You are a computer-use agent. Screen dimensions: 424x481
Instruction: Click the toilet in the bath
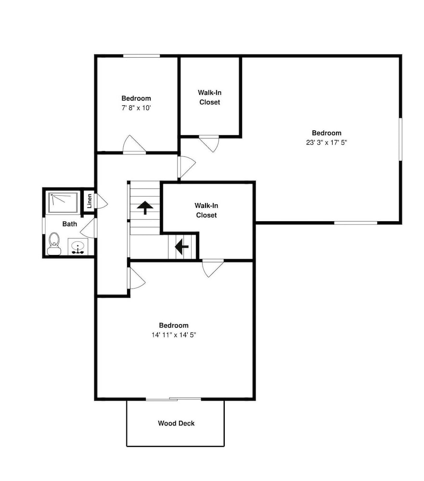pyautogui.click(x=54, y=244)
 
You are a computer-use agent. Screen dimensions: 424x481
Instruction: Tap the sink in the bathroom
pyautogui.click(x=78, y=247)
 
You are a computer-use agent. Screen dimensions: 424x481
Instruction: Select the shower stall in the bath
pyautogui.click(x=63, y=203)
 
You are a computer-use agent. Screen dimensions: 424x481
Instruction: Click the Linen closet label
pyautogui.click(x=90, y=201)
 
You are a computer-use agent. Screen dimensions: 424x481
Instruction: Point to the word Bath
pyautogui.click(x=70, y=224)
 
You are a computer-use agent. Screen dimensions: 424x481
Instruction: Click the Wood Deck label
pyautogui.click(x=176, y=423)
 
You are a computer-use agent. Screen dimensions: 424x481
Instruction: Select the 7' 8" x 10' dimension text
pyautogui.click(x=136, y=108)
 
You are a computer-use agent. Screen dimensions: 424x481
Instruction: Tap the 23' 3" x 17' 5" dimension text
pyautogui.click(x=327, y=142)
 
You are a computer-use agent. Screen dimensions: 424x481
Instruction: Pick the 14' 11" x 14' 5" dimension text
pyautogui.click(x=174, y=335)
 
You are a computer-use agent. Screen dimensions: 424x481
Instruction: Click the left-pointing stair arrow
pyautogui.click(x=182, y=246)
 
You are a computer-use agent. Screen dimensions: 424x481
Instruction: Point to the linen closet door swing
pyautogui.click(x=102, y=201)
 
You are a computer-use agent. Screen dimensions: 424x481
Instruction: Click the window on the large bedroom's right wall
pyautogui.click(x=400, y=139)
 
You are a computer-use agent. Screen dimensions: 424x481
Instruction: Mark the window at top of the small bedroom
pyautogui.click(x=141, y=56)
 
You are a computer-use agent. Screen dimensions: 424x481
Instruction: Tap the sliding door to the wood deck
pyautogui.click(x=173, y=399)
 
